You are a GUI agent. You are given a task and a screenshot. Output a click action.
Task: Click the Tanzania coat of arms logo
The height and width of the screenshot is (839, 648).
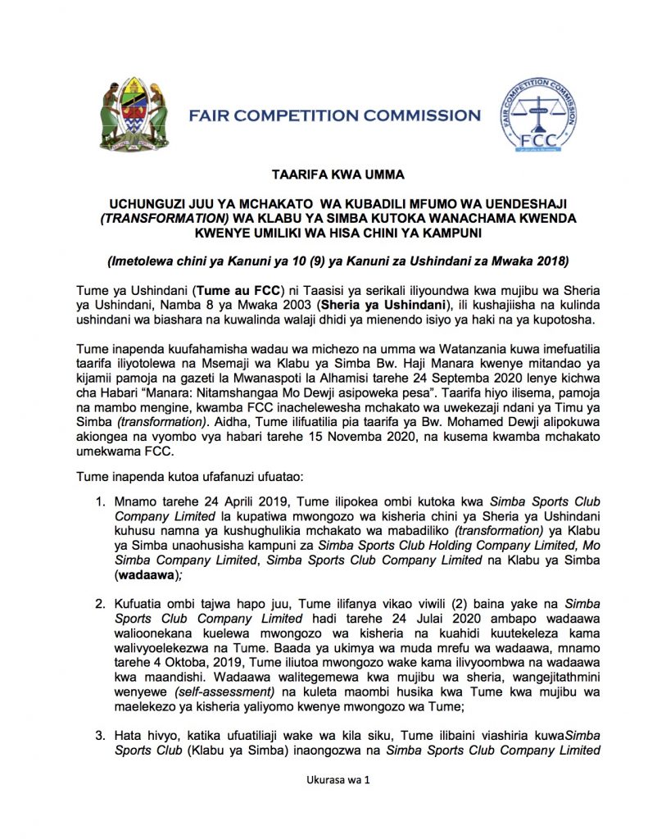134,114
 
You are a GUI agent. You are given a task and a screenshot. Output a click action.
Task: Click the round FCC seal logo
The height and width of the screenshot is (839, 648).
537,116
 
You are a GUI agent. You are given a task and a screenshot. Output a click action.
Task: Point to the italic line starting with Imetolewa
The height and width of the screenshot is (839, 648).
326,262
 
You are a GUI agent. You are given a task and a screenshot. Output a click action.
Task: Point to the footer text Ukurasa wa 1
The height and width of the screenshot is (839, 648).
324,804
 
